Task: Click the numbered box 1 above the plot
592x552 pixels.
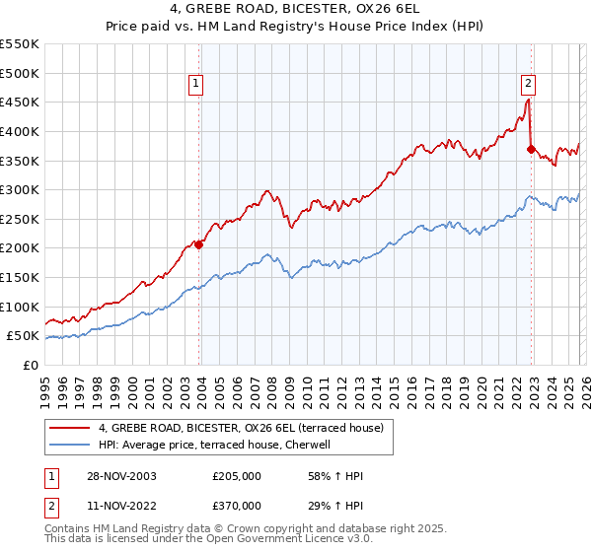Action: pos(197,85)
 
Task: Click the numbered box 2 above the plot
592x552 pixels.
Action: pos(529,85)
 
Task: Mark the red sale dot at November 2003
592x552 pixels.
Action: pos(199,245)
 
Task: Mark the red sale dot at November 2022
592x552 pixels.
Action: pos(531,149)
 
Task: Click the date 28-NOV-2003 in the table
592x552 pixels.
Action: pos(122,476)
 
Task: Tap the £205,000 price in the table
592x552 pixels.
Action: pos(237,476)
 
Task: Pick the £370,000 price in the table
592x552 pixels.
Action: pos(237,505)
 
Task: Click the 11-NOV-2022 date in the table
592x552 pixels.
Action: pos(122,505)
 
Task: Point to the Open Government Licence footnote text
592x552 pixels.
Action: pos(168,540)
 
